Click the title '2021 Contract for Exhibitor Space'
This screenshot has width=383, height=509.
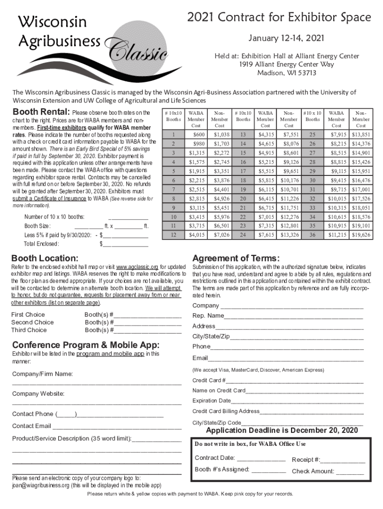coord(279,18)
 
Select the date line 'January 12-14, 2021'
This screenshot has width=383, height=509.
coord(279,38)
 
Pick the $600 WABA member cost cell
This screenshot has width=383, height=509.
coord(198,135)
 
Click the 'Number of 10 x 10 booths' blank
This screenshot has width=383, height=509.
coord(128,217)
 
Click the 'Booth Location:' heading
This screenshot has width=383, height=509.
coord(45,258)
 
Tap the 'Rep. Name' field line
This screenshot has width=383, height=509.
coord(293,316)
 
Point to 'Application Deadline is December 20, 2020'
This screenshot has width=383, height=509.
coord(282,430)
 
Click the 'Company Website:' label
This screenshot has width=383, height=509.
coord(38,394)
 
